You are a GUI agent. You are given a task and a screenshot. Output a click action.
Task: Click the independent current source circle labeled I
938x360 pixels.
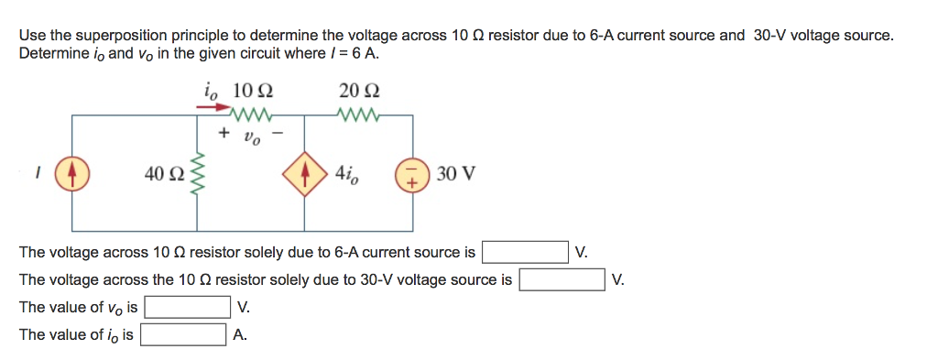pyautogui.click(x=72, y=173)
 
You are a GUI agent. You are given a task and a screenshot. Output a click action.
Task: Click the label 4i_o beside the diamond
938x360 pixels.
pyautogui.click(x=349, y=173)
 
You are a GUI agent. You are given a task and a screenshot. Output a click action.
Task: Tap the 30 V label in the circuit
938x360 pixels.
pyautogui.click(x=455, y=173)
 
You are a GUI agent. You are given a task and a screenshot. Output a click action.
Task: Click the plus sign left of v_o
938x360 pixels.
pyautogui.click(x=224, y=134)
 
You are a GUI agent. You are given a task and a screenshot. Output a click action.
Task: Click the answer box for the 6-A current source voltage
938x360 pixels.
pyautogui.click(x=525, y=252)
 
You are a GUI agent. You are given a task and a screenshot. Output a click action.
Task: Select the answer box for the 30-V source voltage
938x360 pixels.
pyautogui.click(x=562, y=279)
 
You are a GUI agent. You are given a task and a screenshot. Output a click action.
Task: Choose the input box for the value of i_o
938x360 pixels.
pyautogui.click(x=182, y=334)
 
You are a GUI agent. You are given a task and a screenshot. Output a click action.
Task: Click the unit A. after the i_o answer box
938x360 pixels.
pyautogui.click(x=240, y=334)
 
